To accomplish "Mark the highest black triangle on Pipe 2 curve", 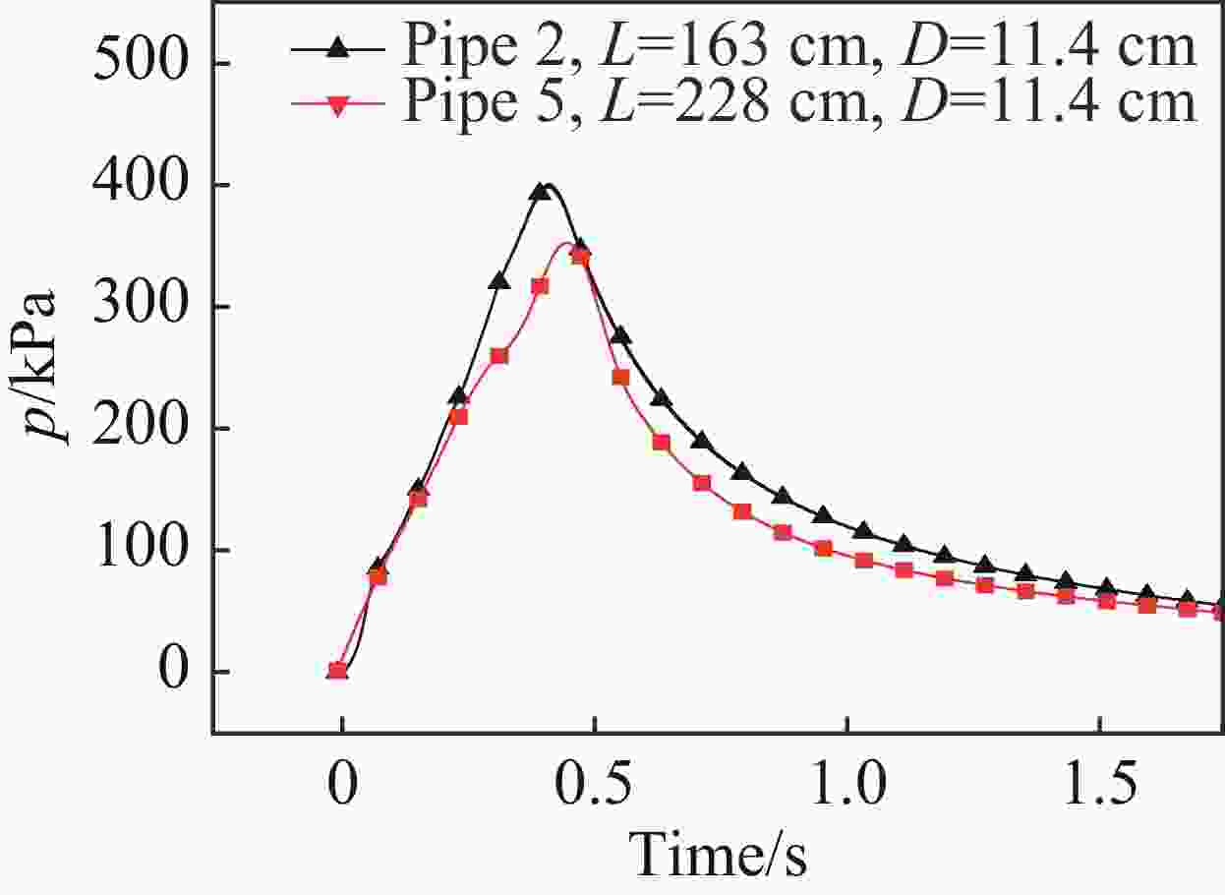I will pos(539,192).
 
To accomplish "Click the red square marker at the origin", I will pos(337,671).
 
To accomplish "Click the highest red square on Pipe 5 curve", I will pos(580,257).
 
